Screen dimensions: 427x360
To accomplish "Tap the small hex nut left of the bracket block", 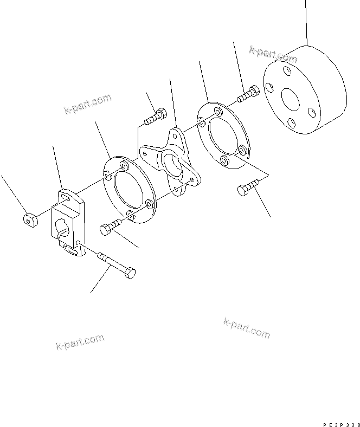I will pyautogui.click(x=29, y=219).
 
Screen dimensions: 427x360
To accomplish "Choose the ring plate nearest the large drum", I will pyautogui.click(x=223, y=135).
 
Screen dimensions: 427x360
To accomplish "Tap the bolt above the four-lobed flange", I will pyautogui.click(x=157, y=116).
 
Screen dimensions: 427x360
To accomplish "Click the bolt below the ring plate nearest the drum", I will pyautogui.click(x=247, y=189).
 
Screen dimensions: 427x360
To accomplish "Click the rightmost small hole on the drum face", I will pyautogui.click(x=311, y=112).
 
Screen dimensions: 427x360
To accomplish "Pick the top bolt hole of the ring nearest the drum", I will pyautogui.click(x=217, y=112).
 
